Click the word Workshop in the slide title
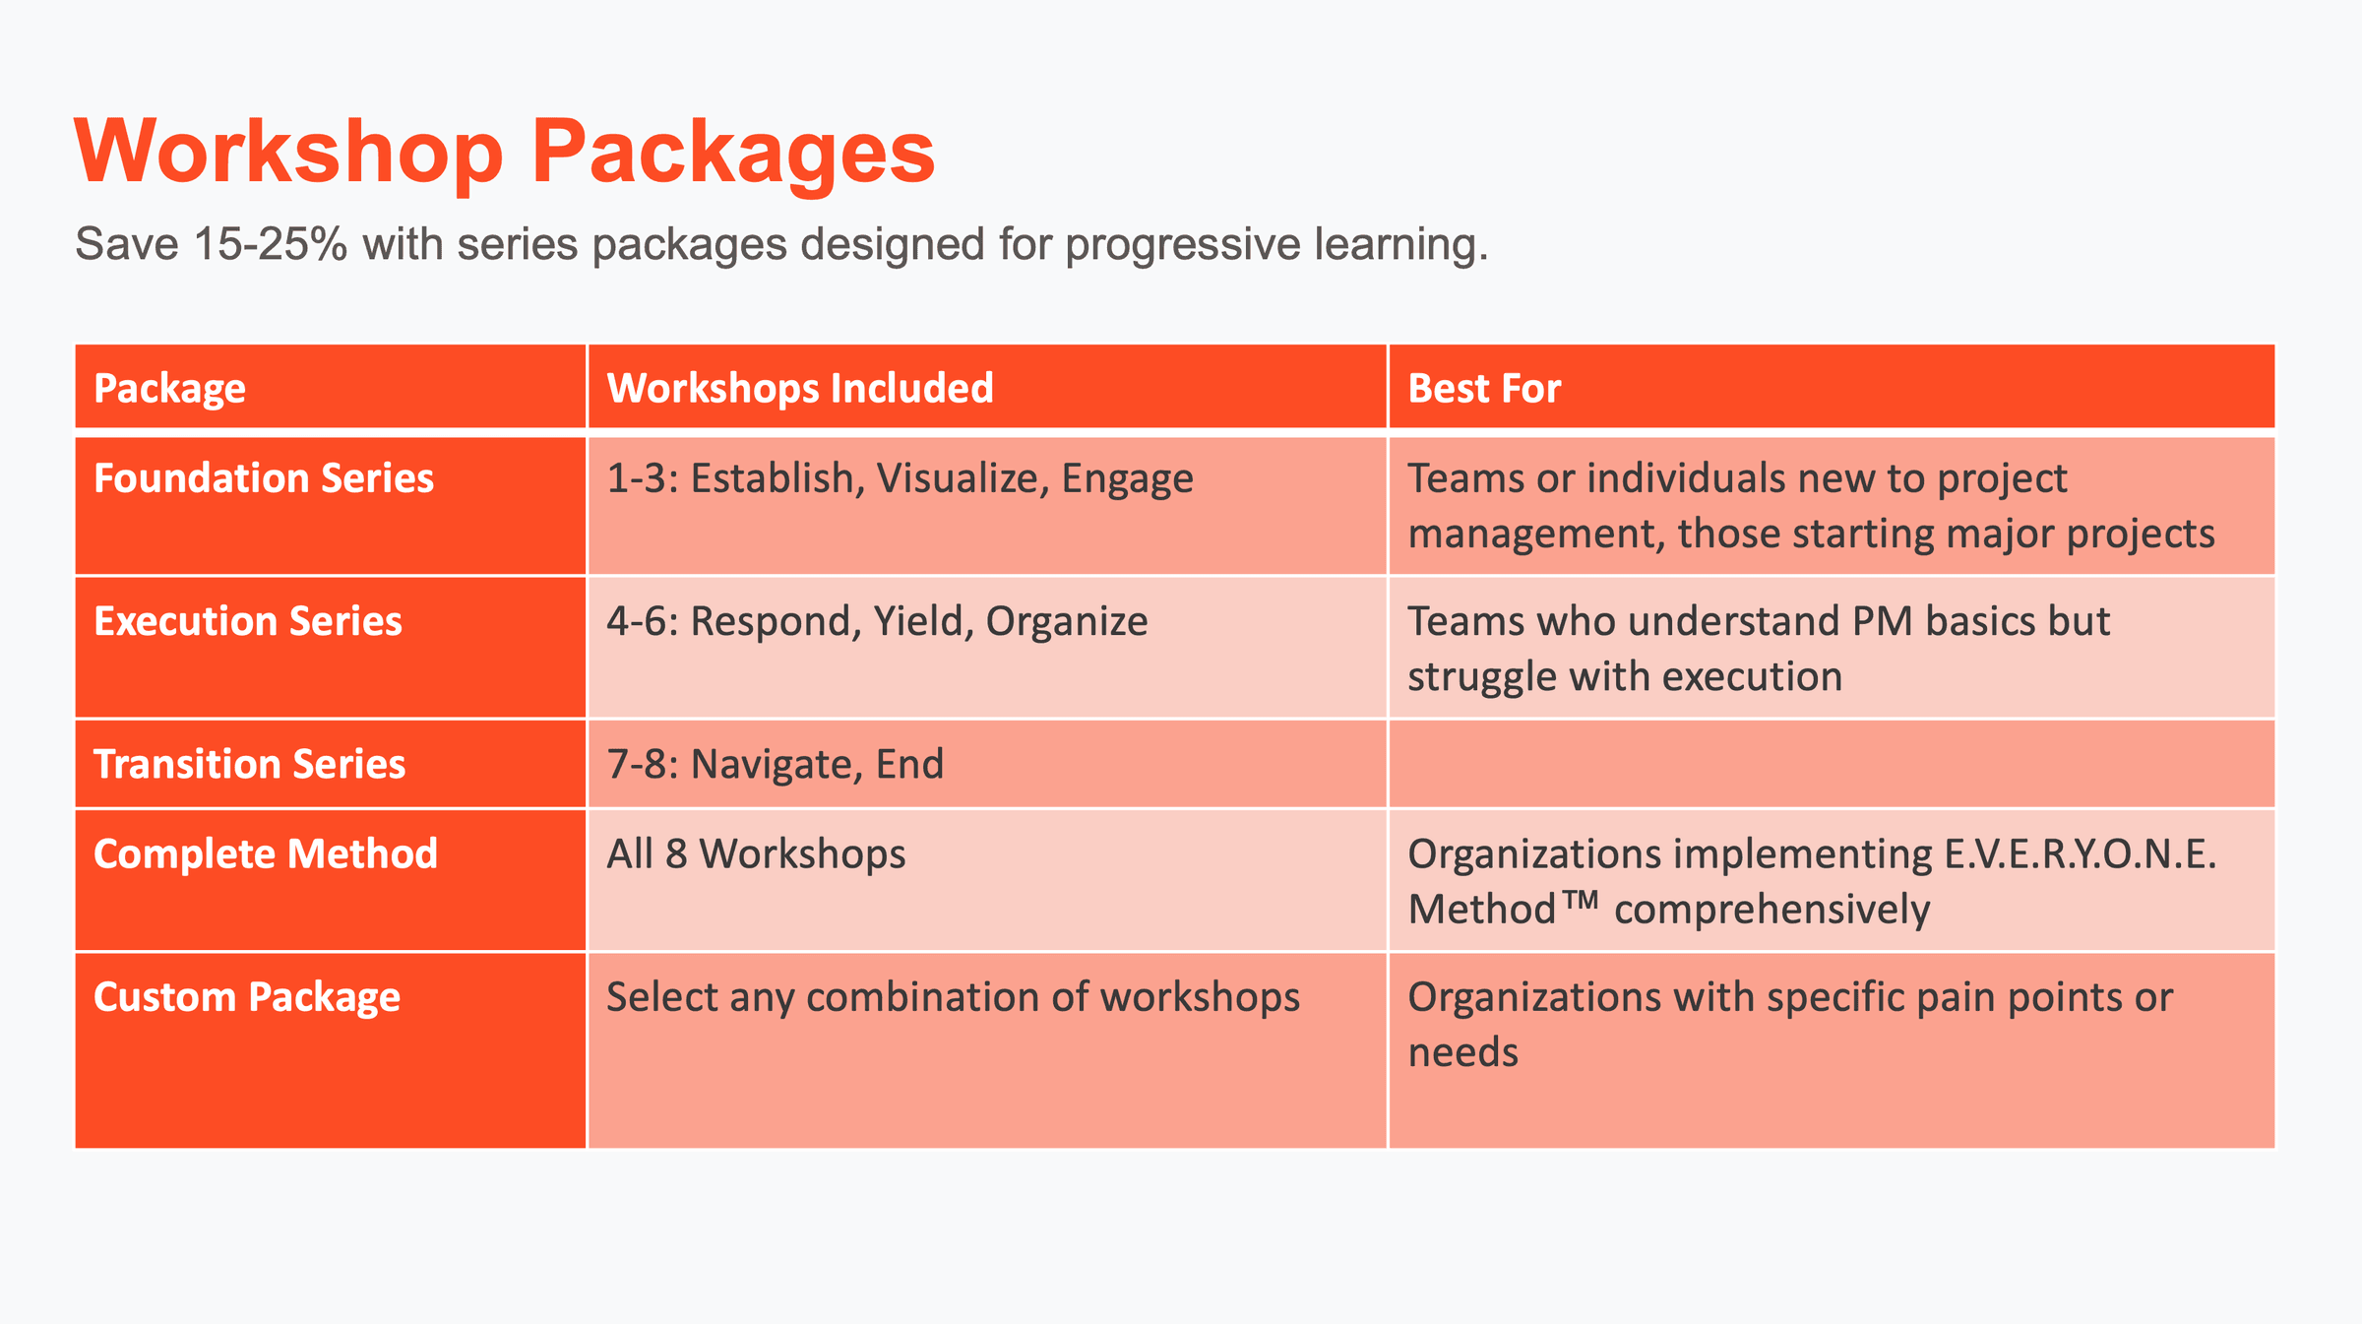[x=288, y=153]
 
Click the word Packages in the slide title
[x=733, y=153]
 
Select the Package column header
[x=169, y=388]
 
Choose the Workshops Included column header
[x=799, y=388]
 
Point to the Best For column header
[x=1484, y=388]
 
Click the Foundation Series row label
[x=264, y=478]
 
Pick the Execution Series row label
[x=248, y=621]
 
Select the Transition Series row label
[x=250, y=764]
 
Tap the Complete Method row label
[x=266, y=853]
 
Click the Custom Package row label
[x=247, y=997]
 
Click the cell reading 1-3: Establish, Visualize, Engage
[x=900, y=478]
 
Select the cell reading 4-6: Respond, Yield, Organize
[x=877, y=621]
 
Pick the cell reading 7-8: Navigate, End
[x=775, y=764]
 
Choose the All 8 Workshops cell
[x=756, y=853]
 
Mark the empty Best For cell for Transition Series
[x=1831, y=764]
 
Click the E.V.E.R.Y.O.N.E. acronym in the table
[x=2080, y=853]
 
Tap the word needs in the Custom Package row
[x=1463, y=1052]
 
